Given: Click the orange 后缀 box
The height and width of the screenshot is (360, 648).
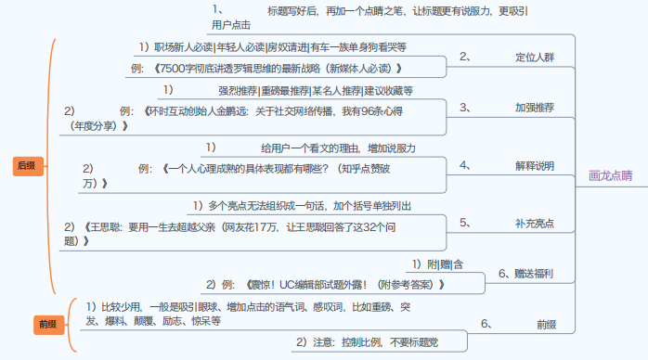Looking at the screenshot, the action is point(26,166).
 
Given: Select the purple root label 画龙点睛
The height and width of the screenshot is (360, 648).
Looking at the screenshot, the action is point(611,174).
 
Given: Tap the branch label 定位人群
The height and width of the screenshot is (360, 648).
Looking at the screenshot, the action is point(534,57).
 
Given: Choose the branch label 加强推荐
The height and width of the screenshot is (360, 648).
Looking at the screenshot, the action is point(534,108).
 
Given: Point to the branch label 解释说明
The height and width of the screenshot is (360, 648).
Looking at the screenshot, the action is point(534,165).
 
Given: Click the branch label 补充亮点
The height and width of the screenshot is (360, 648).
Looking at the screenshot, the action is point(534,224).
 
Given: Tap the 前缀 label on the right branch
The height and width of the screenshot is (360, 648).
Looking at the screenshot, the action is point(546,324).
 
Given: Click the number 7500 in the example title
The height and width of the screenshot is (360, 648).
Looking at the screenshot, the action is point(172,69).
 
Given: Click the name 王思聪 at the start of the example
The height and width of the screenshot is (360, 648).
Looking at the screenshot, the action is point(102,225).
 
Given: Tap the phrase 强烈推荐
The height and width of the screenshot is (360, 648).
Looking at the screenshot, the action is point(237,91).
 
